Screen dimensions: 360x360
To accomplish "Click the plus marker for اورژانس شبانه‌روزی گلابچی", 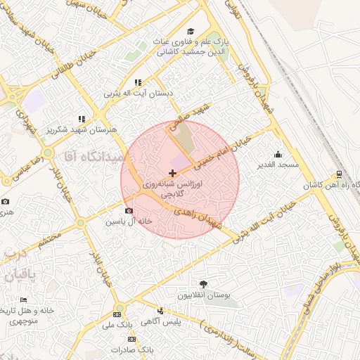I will pos(173,173).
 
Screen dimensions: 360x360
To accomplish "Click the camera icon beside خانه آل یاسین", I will pos(129,210).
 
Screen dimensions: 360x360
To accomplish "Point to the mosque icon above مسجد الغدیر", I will pos(278,155).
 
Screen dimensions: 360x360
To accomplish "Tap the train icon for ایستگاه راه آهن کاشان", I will pos(339,175).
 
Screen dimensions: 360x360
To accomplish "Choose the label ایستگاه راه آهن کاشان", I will pos(330,186).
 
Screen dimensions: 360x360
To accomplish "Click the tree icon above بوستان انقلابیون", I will pos(203,284).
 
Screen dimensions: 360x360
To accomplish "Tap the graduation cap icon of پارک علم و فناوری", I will pos(191,31).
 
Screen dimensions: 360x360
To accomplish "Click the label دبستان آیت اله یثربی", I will pos(138,93).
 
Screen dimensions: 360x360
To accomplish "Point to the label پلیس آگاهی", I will pos(161,321).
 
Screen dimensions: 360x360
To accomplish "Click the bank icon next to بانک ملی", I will pos(117,314).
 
